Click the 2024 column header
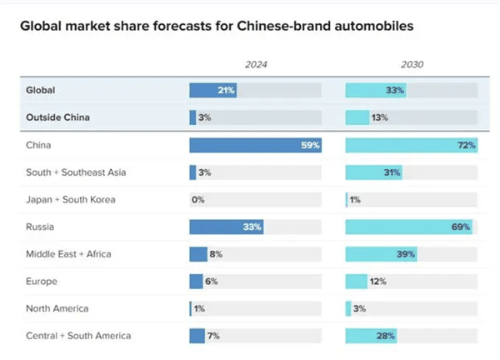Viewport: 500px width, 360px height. click(x=255, y=64)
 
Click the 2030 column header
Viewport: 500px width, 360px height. click(x=411, y=64)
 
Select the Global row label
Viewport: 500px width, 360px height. click(x=42, y=90)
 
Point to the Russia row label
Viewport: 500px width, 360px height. click(x=42, y=227)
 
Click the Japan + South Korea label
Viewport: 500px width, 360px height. click(x=71, y=199)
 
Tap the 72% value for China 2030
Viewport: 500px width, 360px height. click(x=466, y=145)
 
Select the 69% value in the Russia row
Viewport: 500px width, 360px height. click(x=461, y=227)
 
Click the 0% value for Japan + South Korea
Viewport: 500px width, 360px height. click(x=198, y=200)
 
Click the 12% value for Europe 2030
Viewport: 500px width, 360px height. click(x=377, y=282)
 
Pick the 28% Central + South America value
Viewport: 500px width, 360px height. click(x=386, y=336)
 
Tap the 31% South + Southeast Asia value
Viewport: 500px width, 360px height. click(x=391, y=172)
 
